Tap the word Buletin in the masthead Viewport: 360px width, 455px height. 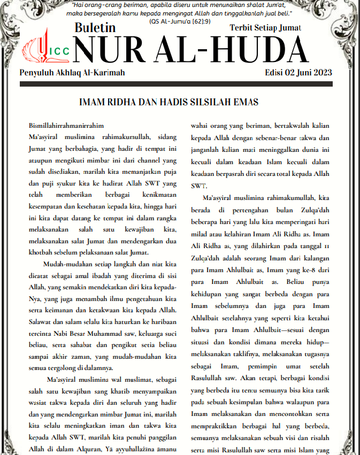click(95, 28)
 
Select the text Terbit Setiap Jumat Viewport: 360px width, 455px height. click(265, 27)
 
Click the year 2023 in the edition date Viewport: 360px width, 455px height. click(321, 73)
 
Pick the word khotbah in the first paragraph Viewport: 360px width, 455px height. click(44, 252)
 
